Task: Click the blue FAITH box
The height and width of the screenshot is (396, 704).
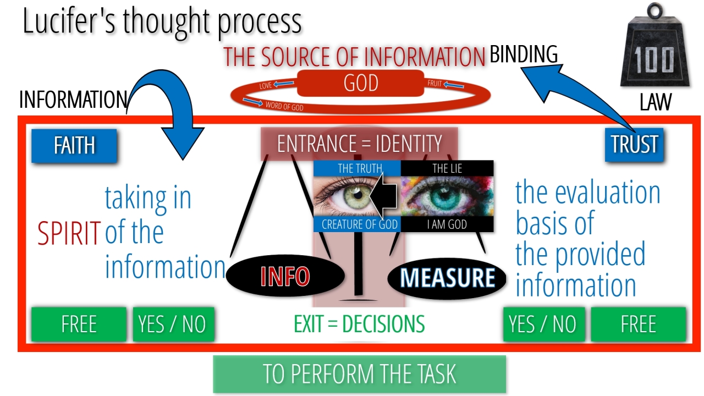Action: click(74, 146)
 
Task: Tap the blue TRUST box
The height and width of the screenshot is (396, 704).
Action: click(634, 145)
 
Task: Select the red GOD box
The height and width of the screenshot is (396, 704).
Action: click(361, 83)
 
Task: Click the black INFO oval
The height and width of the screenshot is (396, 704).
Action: click(285, 276)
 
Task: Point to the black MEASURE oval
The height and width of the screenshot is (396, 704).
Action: click(447, 278)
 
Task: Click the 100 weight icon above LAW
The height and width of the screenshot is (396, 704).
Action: click(654, 54)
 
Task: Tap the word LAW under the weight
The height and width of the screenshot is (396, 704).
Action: click(655, 102)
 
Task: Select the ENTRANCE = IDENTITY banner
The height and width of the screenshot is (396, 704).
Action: click(359, 144)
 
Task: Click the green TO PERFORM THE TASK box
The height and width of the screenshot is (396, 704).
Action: click(359, 374)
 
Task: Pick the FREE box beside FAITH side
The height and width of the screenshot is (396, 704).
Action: click(79, 324)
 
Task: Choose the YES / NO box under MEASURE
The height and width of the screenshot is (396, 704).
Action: click(542, 324)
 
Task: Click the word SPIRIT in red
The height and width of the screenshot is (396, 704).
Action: click(69, 234)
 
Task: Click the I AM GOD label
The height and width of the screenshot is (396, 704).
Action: click(447, 224)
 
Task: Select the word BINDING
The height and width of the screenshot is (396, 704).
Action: click(524, 54)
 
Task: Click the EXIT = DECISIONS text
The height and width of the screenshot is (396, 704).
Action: click(359, 324)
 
